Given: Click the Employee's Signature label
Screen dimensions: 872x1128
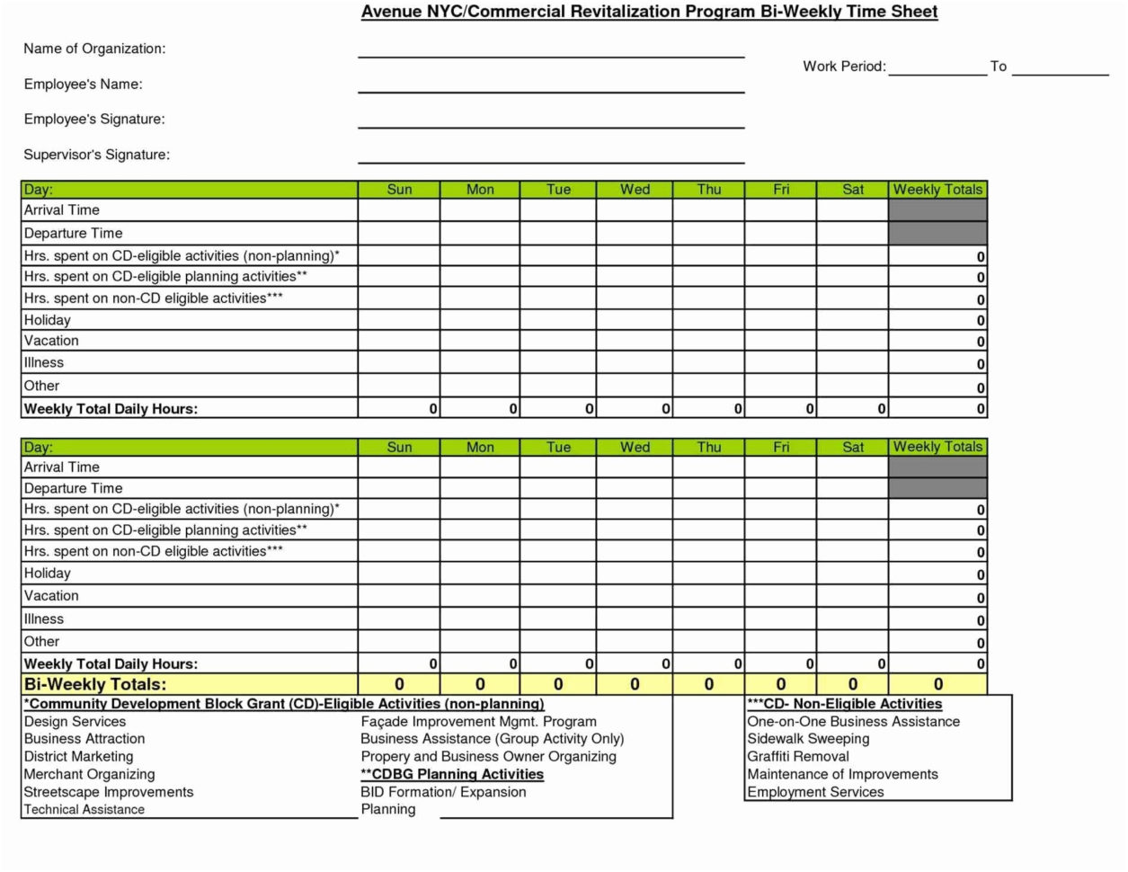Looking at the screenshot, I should pos(94,120).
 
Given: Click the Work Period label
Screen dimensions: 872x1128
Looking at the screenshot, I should pos(844,67).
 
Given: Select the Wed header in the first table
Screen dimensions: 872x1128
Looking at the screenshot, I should pos(635,190).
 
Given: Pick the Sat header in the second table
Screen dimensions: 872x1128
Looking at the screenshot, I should pos(853,447).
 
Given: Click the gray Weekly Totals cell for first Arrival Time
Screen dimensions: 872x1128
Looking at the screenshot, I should pos(937,210).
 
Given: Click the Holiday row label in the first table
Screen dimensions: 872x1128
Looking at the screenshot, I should pos(48,320).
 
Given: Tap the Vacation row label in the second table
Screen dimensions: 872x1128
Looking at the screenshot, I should pos(51,596).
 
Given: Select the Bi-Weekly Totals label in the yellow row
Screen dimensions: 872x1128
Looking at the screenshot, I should pos(95,685).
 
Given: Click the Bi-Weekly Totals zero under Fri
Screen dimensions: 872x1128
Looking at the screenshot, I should pos(780,685).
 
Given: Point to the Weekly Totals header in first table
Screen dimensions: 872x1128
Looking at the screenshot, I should pos(937,190).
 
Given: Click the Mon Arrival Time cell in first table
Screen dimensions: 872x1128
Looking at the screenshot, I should pos(480,210).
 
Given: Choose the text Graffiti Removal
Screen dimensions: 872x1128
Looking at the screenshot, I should pos(797,757).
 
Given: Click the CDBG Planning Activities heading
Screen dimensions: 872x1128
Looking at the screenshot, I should pos(452,774).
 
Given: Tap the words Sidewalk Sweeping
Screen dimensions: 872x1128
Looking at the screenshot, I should pos(808,739).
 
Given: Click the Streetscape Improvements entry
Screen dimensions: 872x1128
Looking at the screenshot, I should pos(109,792).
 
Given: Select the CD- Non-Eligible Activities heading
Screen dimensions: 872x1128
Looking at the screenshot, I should pos(845,705).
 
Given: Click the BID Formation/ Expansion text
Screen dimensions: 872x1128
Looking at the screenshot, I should pos(443,792).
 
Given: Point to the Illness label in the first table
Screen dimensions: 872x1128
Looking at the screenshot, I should pos(44,363).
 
